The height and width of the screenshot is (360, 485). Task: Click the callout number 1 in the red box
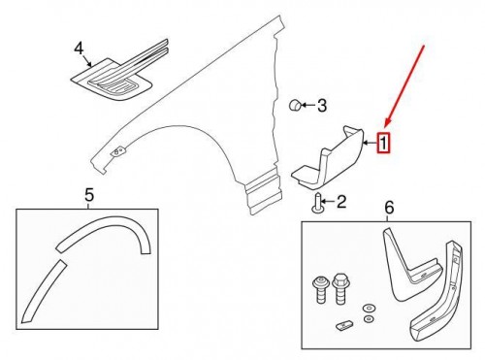click(383, 144)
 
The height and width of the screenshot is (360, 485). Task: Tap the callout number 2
click(341, 202)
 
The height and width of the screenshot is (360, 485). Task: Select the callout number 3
click(322, 106)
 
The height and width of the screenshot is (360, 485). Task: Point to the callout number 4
click(79, 49)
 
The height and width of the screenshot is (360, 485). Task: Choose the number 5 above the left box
click(89, 195)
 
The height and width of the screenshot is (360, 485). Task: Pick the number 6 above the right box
click(389, 207)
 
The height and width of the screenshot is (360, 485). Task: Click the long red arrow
click(404, 85)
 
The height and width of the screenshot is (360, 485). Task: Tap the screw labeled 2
click(317, 203)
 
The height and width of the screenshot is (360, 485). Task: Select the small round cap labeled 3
click(295, 106)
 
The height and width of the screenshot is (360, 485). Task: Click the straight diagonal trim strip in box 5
click(43, 291)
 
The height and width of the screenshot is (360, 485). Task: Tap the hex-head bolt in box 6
click(339, 288)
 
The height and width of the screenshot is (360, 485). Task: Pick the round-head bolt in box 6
click(320, 289)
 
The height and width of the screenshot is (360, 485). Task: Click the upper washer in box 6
click(368, 308)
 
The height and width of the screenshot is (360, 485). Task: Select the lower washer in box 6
click(368, 319)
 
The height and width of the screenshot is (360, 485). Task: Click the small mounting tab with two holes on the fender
click(118, 151)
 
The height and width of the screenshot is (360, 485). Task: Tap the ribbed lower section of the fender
click(264, 191)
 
